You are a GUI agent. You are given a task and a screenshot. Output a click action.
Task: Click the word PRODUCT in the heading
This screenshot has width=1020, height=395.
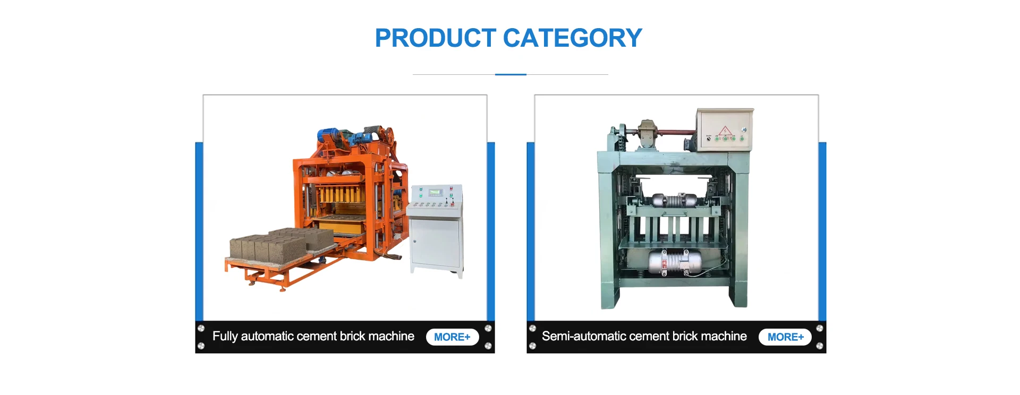click(x=436, y=38)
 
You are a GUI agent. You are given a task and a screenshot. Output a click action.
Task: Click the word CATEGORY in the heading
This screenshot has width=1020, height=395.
click(x=573, y=38)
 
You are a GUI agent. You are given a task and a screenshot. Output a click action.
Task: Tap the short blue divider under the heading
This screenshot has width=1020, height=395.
click(x=511, y=74)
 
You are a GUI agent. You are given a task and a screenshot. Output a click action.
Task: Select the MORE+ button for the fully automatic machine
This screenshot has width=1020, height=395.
click(x=452, y=337)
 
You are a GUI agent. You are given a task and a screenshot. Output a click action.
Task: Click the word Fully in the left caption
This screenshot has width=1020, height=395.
click(x=225, y=337)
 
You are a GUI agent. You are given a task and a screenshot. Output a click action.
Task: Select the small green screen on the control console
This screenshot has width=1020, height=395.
click(x=436, y=192)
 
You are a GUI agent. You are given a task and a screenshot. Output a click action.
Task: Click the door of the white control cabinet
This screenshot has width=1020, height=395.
click(x=435, y=244)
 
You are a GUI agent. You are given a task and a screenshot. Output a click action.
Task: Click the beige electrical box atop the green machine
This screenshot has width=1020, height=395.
click(x=725, y=130)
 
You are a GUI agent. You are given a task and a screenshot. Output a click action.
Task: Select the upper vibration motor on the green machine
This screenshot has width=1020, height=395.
click(x=674, y=201)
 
